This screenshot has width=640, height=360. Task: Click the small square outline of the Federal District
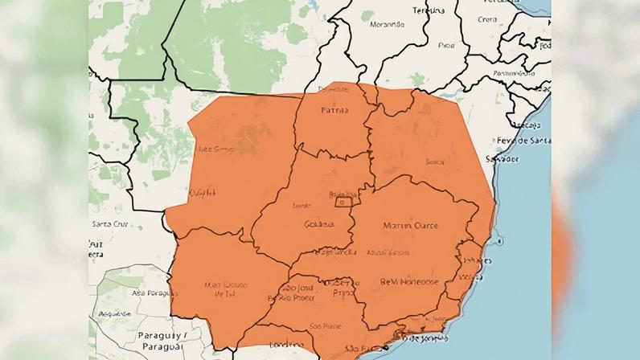(347, 198)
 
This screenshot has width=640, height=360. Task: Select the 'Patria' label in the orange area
(334, 110)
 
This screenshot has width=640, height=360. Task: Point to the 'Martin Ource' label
(411, 226)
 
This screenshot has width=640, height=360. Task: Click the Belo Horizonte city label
(411, 283)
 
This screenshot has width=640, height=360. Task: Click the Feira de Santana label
(524, 141)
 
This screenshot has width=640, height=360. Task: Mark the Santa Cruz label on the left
(110, 223)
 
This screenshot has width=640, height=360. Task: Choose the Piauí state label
(446, 46)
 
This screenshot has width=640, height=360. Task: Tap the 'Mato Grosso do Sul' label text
(225, 288)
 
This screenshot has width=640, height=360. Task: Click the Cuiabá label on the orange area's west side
(201, 192)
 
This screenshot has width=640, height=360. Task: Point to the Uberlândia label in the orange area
(336, 252)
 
